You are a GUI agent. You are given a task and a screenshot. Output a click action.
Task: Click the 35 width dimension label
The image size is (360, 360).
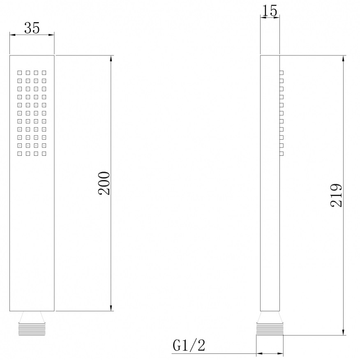tap(32, 28)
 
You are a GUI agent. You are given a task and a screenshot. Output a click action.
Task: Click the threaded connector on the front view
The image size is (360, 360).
tap(32, 329)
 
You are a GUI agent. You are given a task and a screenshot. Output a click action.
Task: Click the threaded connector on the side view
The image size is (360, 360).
tap(270, 329)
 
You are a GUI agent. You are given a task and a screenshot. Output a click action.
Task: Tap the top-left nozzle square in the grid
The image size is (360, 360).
tap(19, 73)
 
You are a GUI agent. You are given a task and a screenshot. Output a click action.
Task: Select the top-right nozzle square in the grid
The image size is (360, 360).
tap(44, 73)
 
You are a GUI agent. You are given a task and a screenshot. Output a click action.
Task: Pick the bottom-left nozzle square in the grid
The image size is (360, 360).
tap(19, 154)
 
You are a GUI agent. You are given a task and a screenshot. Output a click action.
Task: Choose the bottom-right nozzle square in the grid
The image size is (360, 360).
tap(44, 154)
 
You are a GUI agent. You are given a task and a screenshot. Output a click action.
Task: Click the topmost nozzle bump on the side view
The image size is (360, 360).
tap(282, 73)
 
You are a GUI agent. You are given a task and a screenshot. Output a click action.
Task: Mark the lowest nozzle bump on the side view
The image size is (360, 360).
tap(282, 154)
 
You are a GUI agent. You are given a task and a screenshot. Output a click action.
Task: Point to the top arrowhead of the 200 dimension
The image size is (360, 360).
tap(111, 59)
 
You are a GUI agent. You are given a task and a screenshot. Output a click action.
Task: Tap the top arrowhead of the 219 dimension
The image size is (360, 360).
tap(343, 59)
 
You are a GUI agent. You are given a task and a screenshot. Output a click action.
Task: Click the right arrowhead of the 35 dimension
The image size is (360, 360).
tap(52, 35)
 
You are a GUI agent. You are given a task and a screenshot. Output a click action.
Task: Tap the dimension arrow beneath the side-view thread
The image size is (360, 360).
tap(270, 353)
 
